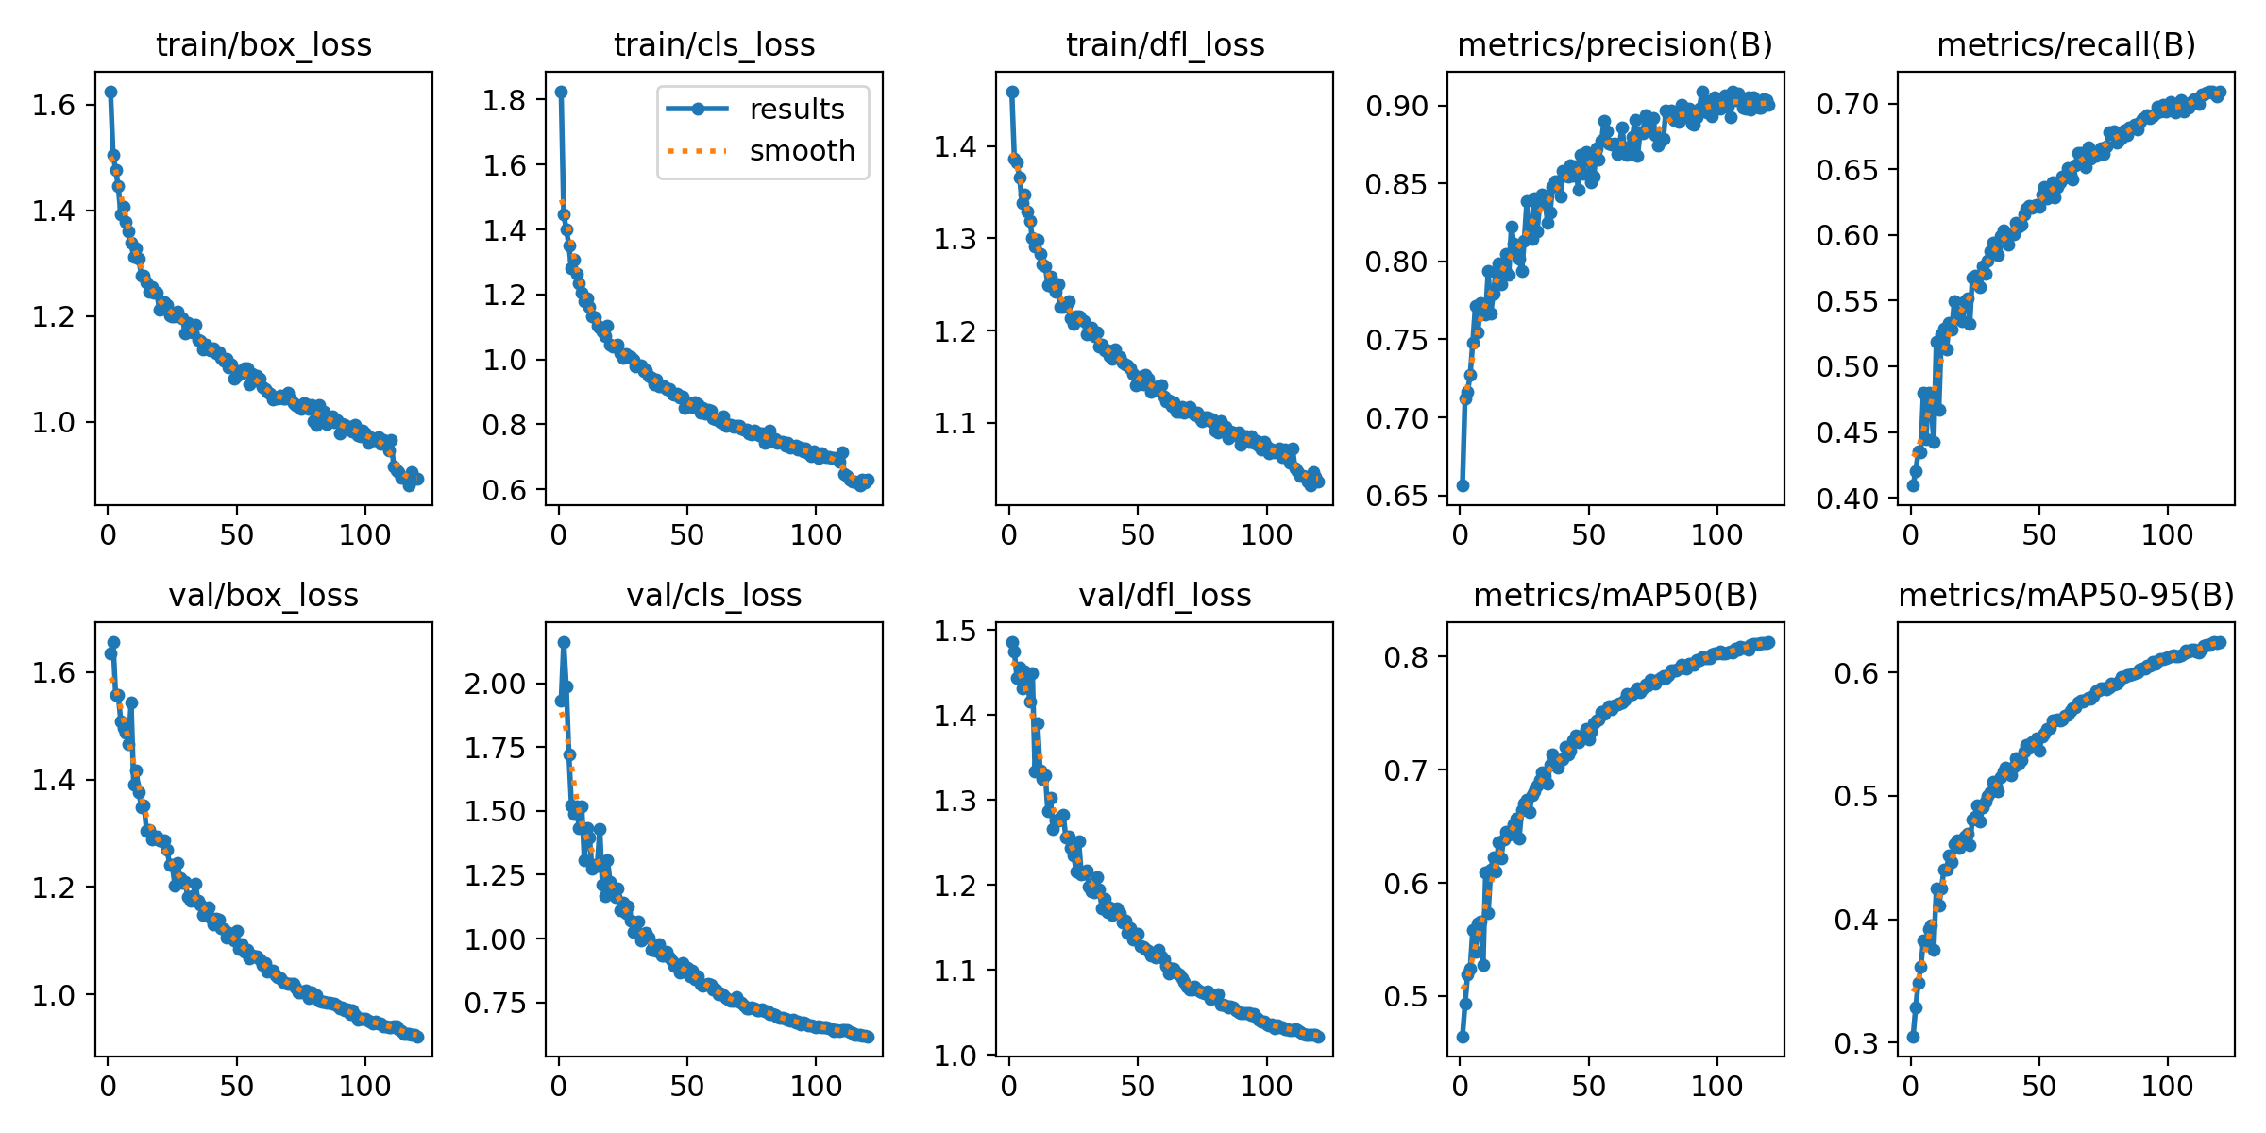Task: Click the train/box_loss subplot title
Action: (x=263, y=45)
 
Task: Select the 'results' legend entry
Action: (x=796, y=110)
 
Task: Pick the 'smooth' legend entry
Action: (x=802, y=151)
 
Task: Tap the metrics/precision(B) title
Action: (x=1615, y=45)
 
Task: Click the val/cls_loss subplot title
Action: (x=714, y=596)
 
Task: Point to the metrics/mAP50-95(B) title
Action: (x=2066, y=596)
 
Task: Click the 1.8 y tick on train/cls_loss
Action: (x=504, y=100)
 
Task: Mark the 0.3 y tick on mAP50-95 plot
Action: (x=1856, y=1043)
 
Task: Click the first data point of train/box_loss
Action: (x=110, y=92)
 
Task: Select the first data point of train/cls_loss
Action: (x=561, y=92)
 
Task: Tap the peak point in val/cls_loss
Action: (x=564, y=642)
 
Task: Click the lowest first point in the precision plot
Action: (x=1463, y=485)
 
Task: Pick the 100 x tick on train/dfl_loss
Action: (x=1266, y=535)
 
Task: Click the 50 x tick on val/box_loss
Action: (x=236, y=1087)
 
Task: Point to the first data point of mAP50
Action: (x=1463, y=1037)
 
